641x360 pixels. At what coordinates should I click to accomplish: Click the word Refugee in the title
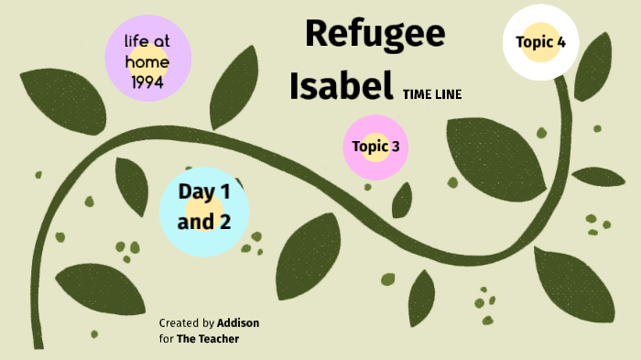[375, 34]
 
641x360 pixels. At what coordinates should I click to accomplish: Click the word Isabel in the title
[341, 85]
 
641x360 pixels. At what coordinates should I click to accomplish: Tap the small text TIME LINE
[431, 94]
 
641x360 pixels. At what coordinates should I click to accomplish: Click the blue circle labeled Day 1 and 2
[203, 209]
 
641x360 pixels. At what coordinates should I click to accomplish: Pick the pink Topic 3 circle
[375, 147]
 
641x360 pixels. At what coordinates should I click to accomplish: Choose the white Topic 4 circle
[540, 42]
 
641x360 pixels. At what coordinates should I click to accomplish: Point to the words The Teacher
[208, 339]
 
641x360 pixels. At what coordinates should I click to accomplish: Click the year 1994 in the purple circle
[148, 82]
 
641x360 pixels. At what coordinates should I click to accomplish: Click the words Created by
[187, 323]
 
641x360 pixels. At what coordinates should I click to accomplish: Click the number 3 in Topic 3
[395, 147]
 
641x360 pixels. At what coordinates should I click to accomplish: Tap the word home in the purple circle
[148, 61]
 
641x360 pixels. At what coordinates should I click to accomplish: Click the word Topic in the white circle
[534, 42]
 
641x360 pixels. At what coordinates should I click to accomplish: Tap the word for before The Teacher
[166, 339]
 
